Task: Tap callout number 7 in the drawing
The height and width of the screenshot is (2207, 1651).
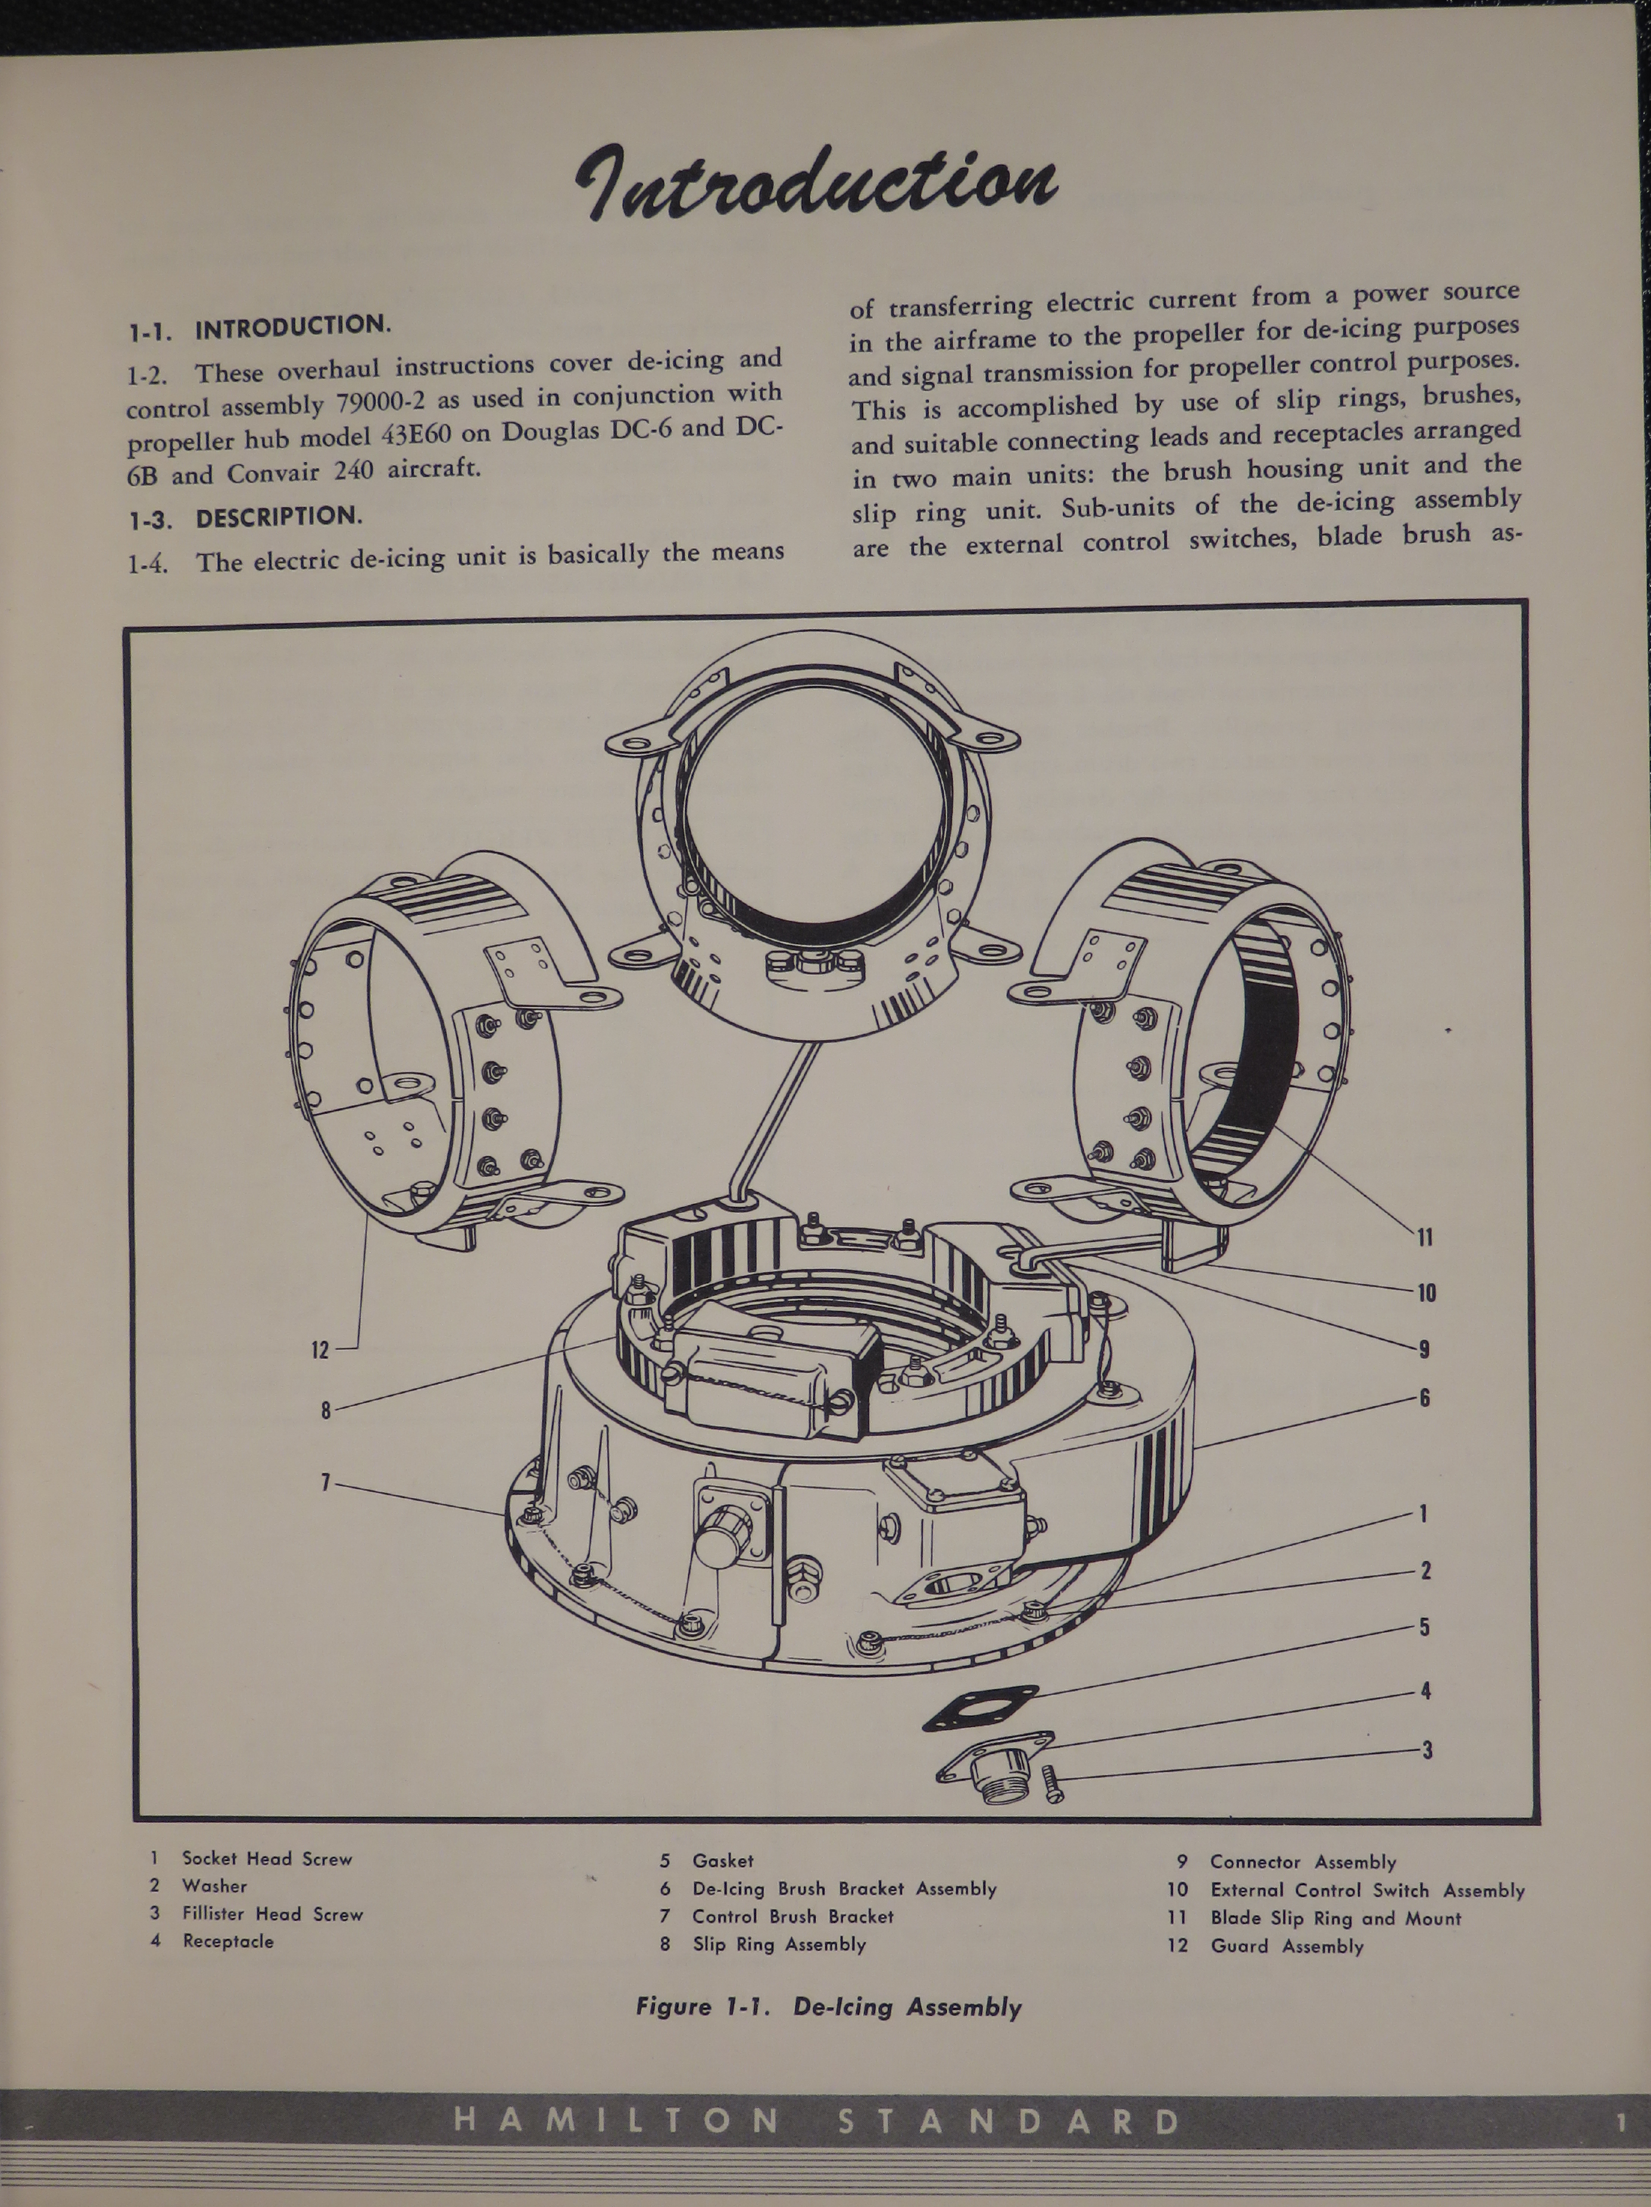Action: click(x=325, y=1482)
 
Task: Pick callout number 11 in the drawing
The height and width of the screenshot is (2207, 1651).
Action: click(x=1425, y=1237)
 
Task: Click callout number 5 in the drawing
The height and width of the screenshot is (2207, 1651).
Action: click(x=1425, y=1627)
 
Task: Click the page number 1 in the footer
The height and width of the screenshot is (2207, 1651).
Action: click(x=1622, y=2123)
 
